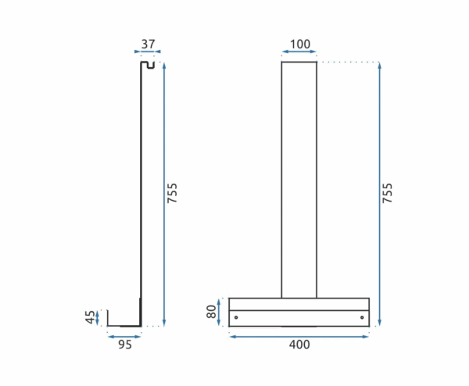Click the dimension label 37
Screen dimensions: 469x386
click(x=148, y=45)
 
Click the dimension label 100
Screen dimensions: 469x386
click(x=300, y=45)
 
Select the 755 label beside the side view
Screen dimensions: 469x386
click(x=172, y=193)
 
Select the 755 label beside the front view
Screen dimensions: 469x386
click(x=387, y=193)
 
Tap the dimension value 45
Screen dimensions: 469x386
click(x=90, y=317)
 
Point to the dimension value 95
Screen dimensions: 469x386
click(x=125, y=345)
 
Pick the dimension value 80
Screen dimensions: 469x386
click(x=211, y=312)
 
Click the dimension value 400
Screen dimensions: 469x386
click(x=299, y=345)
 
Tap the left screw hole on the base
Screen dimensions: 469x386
click(x=236, y=317)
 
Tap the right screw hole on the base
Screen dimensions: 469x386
click(x=362, y=317)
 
